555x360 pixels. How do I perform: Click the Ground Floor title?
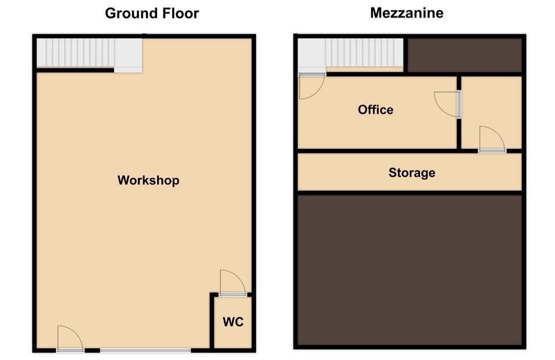[152, 13]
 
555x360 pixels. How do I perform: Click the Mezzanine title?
[407, 13]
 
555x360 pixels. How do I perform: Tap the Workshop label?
[148, 180]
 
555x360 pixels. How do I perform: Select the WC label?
[233, 322]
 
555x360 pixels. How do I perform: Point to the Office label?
[375, 110]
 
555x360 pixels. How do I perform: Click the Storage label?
[412, 173]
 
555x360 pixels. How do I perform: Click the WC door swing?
[232, 283]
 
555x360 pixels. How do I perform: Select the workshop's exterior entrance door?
[70, 338]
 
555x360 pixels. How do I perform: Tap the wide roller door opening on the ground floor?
[145, 351]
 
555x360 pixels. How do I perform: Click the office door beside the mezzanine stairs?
[311, 86]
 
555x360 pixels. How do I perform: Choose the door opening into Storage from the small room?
[492, 140]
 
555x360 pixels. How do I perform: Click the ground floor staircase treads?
[76, 53]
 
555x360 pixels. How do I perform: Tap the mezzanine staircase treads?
[364, 52]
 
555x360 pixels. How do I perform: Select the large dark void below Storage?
[410, 270]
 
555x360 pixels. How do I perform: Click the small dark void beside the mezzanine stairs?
[465, 55]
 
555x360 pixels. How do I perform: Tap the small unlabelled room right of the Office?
[492, 113]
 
